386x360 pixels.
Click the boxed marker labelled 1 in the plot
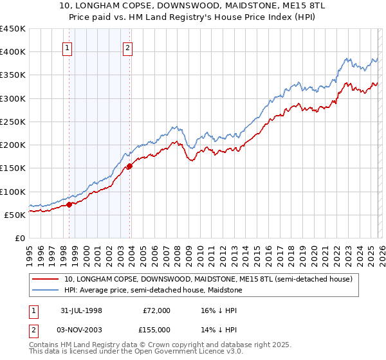point(68,47)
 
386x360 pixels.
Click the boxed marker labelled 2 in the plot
point(127,47)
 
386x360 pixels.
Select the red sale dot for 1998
point(69,205)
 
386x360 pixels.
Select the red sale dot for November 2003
point(129,166)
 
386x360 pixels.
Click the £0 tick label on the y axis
point(20,238)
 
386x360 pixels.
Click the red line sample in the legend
point(46,280)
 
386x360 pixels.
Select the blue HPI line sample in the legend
point(46,291)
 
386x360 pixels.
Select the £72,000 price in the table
point(156,310)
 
